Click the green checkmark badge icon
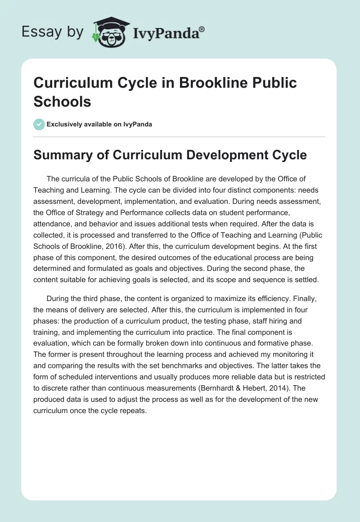pos(39,124)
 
